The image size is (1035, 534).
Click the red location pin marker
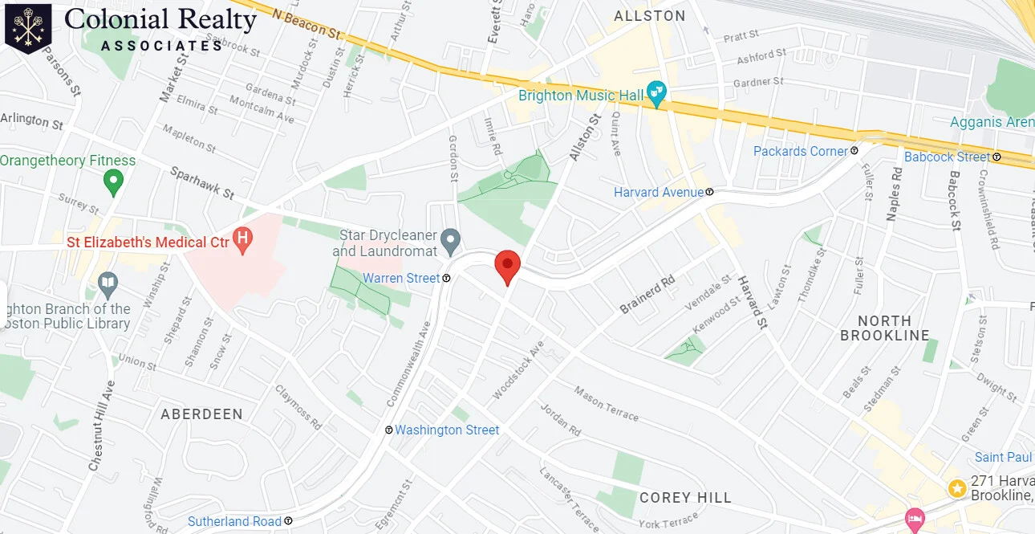click(507, 265)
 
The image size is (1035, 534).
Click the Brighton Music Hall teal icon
click(658, 96)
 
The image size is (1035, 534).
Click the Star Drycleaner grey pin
click(452, 238)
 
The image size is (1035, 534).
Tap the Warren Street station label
click(401, 279)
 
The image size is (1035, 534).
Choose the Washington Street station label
click(447, 430)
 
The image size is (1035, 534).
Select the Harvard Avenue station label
click(659, 193)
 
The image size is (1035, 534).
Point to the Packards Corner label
click(800, 151)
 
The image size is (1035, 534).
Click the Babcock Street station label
click(947, 157)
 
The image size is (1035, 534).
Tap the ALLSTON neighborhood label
click(650, 16)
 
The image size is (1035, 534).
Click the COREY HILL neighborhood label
click(685, 498)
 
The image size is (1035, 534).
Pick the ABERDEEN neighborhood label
click(201, 414)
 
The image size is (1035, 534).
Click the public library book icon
click(108, 283)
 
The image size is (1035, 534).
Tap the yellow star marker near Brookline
click(956, 487)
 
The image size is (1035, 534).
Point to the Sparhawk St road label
click(201, 183)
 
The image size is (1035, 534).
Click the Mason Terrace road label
click(606, 403)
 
